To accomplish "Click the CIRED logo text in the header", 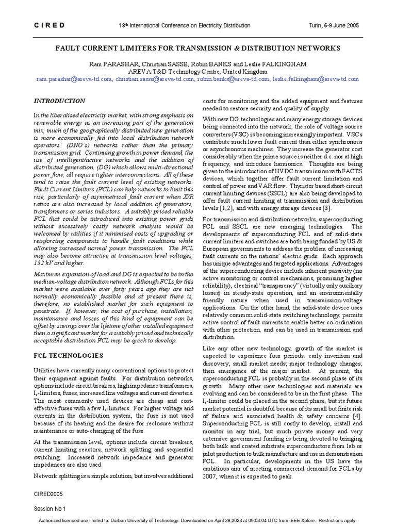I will pyautogui.click(x=49, y=25).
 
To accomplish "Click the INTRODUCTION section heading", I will pyautogui.click(x=59, y=101).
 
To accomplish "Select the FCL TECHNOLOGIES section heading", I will pyautogui.click(x=68, y=356).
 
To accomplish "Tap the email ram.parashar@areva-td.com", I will pyautogui.click(x=74, y=79).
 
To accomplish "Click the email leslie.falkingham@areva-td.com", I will pyautogui.click(x=316, y=79).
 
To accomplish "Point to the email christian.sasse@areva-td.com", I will pyautogui.click(x=153, y=79).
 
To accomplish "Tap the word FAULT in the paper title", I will pyautogui.click(x=70, y=48).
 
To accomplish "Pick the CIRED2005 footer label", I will pyautogui.click(x=49, y=493).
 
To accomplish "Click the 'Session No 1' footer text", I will pyautogui.click(x=49, y=508).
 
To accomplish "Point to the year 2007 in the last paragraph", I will pyautogui.click(x=210, y=477).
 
